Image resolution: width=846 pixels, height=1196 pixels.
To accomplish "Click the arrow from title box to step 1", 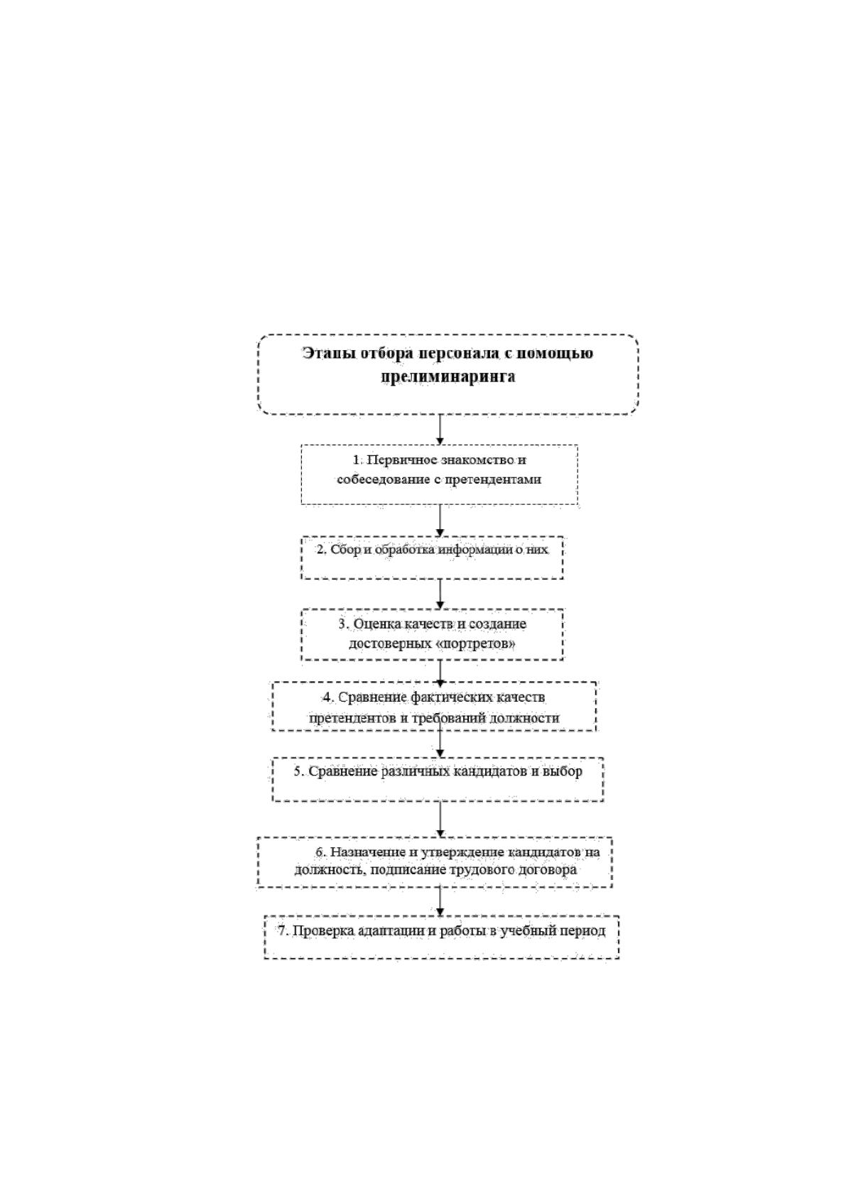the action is click(440, 429).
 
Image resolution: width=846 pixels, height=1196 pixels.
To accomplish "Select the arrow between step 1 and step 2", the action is click(440, 520).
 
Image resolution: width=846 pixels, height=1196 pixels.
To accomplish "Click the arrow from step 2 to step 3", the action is click(440, 594).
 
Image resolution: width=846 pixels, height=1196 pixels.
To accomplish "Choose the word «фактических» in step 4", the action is click(452, 697).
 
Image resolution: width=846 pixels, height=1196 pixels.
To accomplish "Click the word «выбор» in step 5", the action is click(562, 771).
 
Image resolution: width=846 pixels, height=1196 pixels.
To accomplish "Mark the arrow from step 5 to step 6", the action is click(440, 819).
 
